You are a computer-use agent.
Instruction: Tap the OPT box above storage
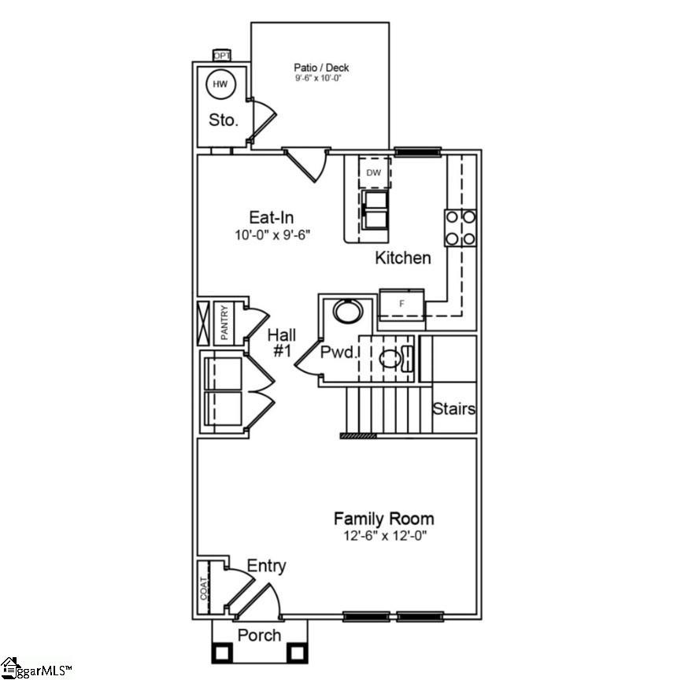(x=221, y=55)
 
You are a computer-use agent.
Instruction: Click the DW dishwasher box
(x=374, y=172)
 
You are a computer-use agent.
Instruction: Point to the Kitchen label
(x=402, y=257)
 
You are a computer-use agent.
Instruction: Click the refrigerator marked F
(x=401, y=302)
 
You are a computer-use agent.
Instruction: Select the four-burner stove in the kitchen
(x=461, y=227)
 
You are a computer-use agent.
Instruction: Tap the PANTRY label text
(x=224, y=323)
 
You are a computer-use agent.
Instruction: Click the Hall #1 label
(x=282, y=343)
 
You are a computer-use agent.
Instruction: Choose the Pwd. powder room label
(x=338, y=353)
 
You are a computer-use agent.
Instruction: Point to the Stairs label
(x=454, y=409)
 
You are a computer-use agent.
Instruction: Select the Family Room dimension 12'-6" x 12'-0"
(x=383, y=536)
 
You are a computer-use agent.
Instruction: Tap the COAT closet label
(x=203, y=589)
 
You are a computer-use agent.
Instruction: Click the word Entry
(x=266, y=566)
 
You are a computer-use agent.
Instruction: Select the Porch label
(x=259, y=634)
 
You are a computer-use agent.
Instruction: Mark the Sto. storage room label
(x=224, y=120)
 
